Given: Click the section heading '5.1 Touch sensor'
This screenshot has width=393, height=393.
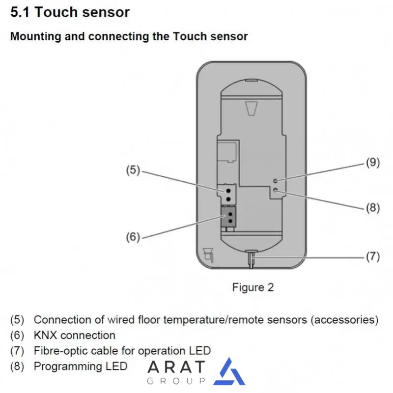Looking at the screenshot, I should click(70, 12).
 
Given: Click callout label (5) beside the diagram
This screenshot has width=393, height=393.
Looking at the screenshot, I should click(132, 170).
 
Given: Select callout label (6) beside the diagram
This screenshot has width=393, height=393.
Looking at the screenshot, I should click(132, 237).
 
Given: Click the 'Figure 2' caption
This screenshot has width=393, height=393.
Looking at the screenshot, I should click(253, 287).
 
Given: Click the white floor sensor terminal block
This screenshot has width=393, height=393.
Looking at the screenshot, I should click(228, 193).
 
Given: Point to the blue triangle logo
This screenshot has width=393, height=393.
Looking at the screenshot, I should click(229, 372).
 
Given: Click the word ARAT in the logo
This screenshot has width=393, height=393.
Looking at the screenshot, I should click(176, 367).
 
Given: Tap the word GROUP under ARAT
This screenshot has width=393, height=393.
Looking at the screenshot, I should click(176, 381).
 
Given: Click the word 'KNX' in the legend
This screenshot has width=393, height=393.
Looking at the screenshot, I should click(45, 336).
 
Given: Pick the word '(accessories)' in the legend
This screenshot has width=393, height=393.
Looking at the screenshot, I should click(346, 320).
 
